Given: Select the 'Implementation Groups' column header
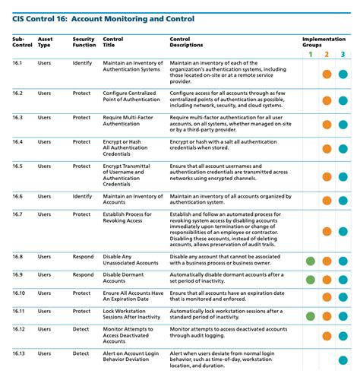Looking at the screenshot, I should [324, 42].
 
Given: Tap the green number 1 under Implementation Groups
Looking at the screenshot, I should [310, 54].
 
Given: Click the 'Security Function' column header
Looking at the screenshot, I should [84, 42].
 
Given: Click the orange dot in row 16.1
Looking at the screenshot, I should [327, 74].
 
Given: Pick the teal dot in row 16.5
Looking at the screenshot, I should [343, 176].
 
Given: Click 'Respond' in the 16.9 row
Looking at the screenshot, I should [84, 274].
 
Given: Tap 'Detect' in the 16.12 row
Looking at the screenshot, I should [82, 329].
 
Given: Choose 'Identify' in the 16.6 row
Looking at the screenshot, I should [83, 196].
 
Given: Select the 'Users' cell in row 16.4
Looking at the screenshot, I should [44, 141].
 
